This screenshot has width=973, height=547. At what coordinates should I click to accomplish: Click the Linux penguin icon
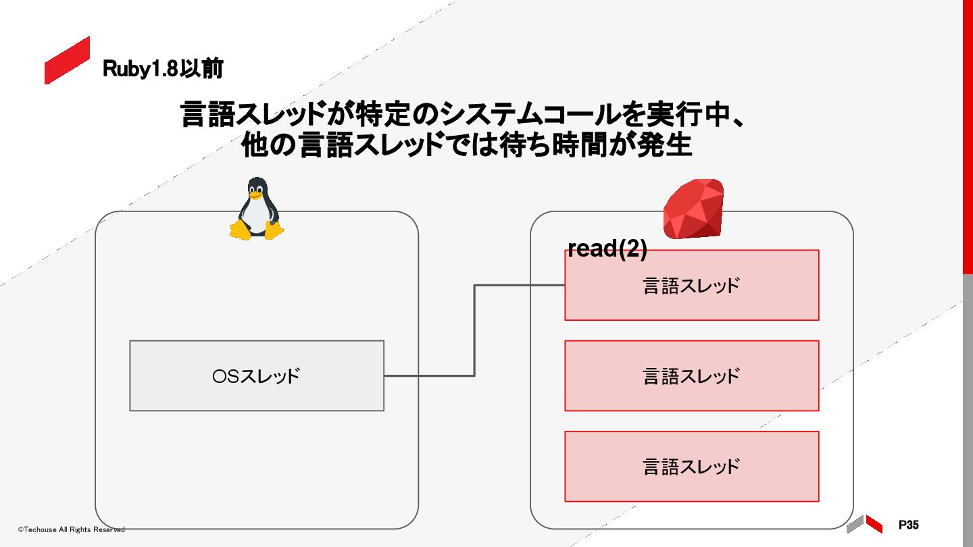tap(256, 209)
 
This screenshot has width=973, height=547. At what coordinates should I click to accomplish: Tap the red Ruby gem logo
tap(693, 209)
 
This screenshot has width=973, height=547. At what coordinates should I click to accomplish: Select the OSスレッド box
tap(256, 375)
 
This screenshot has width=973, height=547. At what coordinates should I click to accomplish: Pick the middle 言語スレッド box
tap(691, 375)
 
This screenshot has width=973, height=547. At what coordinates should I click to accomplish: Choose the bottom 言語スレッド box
tap(691, 466)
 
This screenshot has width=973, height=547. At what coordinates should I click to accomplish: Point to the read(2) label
tap(607, 249)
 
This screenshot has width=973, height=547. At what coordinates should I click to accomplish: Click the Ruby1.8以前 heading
tap(163, 69)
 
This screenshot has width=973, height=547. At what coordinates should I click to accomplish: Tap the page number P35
tap(908, 525)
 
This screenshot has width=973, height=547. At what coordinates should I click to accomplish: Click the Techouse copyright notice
tap(71, 529)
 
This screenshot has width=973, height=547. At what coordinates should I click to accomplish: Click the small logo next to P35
tap(864, 524)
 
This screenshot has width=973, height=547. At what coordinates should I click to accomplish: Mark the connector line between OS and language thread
tap(474, 331)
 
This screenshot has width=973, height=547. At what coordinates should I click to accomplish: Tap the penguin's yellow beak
tap(255, 197)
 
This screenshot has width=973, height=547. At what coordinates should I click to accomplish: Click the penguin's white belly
tap(256, 216)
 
